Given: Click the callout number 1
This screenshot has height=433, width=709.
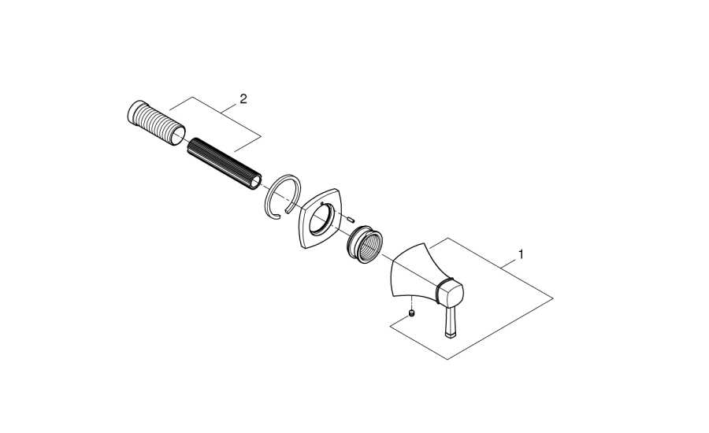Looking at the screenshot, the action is coord(521,254).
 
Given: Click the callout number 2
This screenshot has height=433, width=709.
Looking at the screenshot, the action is coord(243,99).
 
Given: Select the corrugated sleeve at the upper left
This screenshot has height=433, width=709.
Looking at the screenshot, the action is coord(156,123).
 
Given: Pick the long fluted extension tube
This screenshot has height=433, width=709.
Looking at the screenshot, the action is coord(225,164).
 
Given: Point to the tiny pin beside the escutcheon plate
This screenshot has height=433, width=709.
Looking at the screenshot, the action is coord(350,220).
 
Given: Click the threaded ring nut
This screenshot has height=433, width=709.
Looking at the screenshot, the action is coord(365,245).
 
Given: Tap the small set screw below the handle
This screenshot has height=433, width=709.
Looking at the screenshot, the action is coord(411,313).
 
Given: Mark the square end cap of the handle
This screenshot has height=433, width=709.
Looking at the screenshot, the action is coord(449,292).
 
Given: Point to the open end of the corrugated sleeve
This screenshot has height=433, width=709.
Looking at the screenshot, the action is coord(177,135).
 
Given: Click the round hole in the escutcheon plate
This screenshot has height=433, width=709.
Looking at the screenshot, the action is coord(322,218).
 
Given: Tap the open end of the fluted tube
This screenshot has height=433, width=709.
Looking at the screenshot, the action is coord(256,182).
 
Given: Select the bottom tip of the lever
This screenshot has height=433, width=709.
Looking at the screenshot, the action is coord(451,335).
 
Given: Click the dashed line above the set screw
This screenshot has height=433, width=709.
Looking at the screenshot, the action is coord(411,303).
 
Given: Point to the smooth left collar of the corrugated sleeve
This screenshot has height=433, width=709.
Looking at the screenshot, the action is coord(134,112).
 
